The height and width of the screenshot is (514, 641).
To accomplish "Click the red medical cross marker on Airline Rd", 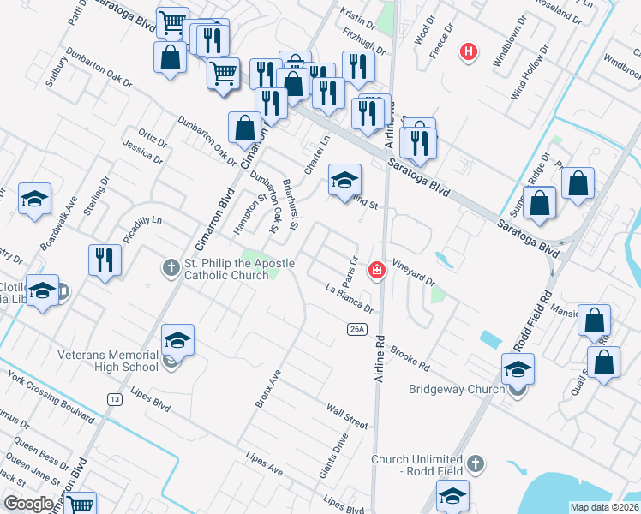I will tap(375, 272).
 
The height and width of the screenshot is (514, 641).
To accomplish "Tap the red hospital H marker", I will tap(468, 51).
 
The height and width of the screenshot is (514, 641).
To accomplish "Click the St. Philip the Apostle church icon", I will tap(171, 268).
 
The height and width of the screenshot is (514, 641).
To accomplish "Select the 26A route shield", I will tap(357, 329).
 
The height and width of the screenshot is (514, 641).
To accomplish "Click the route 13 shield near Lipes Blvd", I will tap(114, 398).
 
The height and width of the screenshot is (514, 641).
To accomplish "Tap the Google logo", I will tap(28, 504).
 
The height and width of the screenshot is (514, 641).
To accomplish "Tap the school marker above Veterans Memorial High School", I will tap(177, 340).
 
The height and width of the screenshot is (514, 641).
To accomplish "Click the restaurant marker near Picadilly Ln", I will tap(105, 260).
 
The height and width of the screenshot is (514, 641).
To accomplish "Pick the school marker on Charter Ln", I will tap(345, 180).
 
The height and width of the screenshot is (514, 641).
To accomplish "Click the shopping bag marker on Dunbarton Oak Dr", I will tap(245, 127).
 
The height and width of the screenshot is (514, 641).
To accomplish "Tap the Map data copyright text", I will tap(603, 507).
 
